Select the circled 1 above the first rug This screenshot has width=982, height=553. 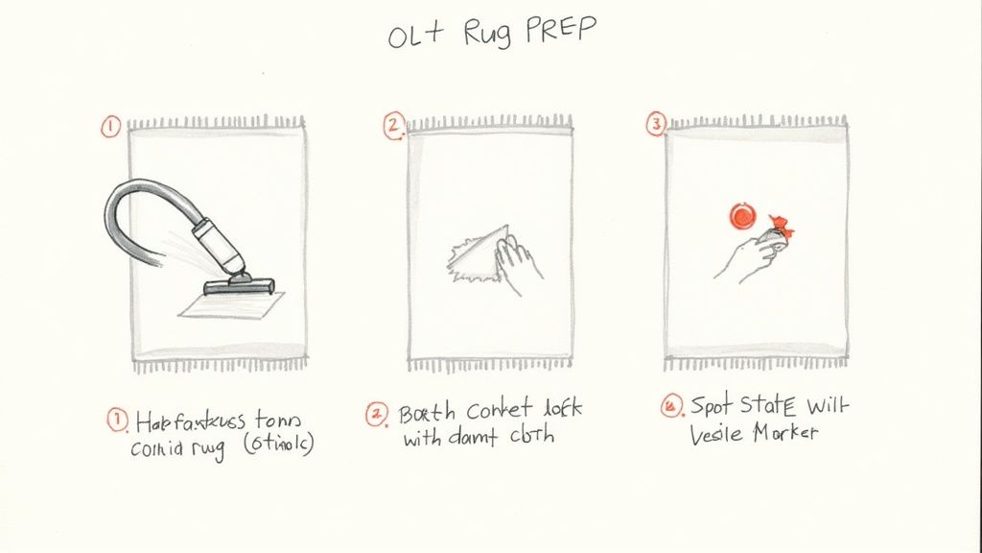[x=111, y=127]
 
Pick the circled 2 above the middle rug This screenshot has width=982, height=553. [x=393, y=126]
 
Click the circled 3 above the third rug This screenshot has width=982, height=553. [x=656, y=124]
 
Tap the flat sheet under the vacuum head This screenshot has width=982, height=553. [x=226, y=305]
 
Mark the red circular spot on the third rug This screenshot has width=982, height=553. [x=742, y=217]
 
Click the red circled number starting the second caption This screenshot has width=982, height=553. [x=376, y=414]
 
